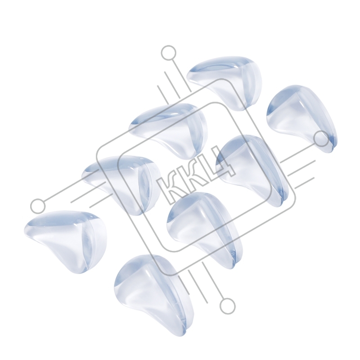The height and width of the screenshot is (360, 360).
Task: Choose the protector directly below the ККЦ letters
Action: point(202,227)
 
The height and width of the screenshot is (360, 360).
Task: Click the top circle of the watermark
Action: point(169,53)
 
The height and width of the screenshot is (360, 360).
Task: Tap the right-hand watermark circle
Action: point(321,139)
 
